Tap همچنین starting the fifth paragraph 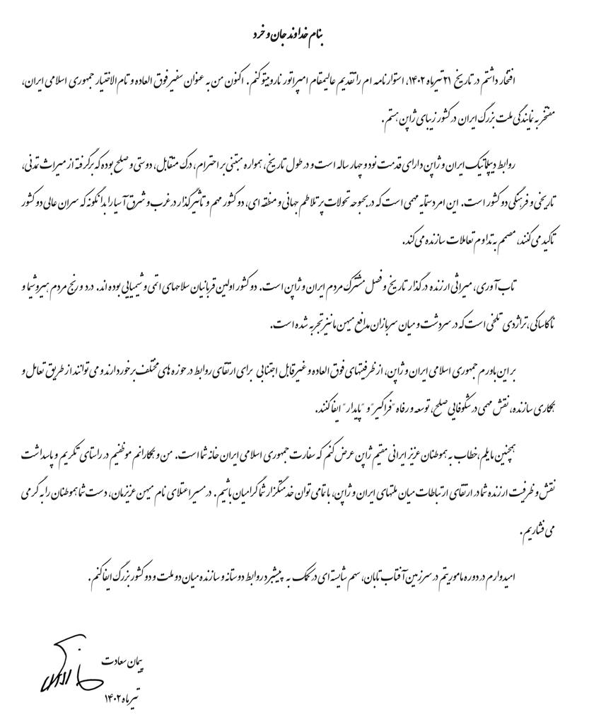566,452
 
